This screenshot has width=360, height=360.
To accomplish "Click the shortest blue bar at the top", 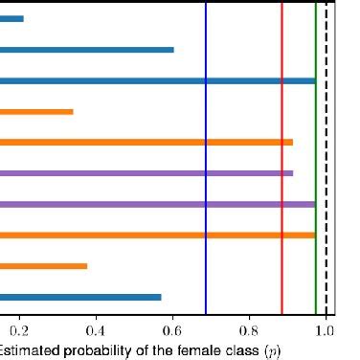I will [x=11, y=18].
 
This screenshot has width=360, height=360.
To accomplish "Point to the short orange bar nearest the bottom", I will [x=43, y=266].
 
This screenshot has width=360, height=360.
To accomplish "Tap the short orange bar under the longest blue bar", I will [x=36, y=112].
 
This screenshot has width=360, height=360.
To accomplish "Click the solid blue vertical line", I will [x=206, y=191].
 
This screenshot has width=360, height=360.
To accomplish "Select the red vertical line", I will [x=281, y=191].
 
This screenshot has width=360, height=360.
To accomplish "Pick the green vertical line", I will [x=316, y=191].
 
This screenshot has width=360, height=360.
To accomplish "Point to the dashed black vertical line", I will [x=326, y=191].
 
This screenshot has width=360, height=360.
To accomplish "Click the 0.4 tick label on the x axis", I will [x=96, y=333].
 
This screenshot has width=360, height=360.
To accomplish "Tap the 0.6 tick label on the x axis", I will [x=172, y=333].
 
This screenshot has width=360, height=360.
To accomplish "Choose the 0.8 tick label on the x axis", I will [x=249, y=333].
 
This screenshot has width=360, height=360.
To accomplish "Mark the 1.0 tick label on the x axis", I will [x=326, y=333].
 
